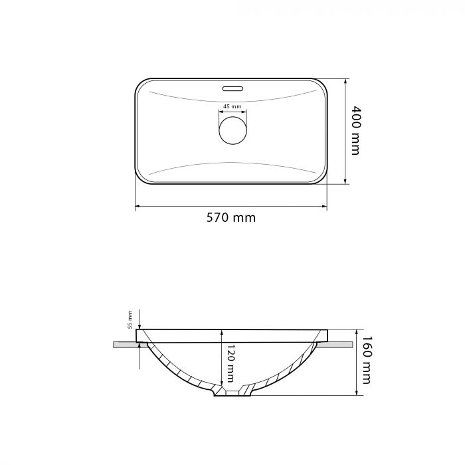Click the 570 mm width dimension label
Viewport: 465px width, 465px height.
pyautogui.click(x=231, y=218)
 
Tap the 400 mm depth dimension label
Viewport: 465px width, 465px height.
pyautogui.click(x=355, y=130)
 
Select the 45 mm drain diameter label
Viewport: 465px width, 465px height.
pyautogui.click(x=232, y=106)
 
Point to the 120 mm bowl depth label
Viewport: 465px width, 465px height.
pyautogui.click(x=231, y=363)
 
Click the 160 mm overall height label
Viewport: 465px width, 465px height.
pyautogui.click(x=367, y=360)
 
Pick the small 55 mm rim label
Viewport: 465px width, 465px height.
pyautogui.click(x=130, y=320)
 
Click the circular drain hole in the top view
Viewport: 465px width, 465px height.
pyautogui.click(x=232, y=130)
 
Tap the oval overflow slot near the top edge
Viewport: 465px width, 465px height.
pyautogui.click(x=232, y=88)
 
